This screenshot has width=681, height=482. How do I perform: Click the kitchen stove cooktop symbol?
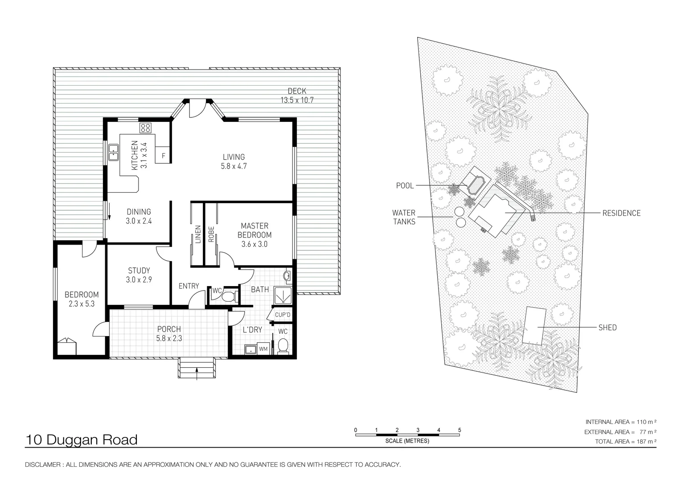[x=145, y=128]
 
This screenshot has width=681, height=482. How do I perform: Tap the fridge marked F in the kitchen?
[x=163, y=155]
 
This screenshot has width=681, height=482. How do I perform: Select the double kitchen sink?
[x=114, y=153]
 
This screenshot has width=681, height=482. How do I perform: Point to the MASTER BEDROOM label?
[x=254, y=230]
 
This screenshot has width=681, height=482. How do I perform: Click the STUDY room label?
[x=139, y=270]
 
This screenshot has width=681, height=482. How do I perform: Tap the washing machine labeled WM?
[x=263, y=349]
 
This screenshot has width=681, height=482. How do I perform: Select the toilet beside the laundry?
[x=283, y=346]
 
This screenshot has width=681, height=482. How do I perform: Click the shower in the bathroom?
[x=283, y=295]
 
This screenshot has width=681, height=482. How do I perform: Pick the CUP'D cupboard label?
[x=283, y=315]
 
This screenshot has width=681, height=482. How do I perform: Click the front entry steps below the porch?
[x=197, y=368]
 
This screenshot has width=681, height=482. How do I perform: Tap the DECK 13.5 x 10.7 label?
[x=297, y=96]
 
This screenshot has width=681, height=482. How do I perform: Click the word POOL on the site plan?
[x=405, y=185]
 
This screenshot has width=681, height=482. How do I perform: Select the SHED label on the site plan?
[x=607, y=328]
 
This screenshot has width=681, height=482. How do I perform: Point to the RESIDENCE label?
[x=621, y=213]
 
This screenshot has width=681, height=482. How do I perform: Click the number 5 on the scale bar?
[x=459, y=430]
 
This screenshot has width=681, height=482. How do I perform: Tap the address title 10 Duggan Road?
[x=82, y=440]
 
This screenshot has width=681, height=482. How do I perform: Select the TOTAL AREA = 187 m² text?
[x=625, y=441]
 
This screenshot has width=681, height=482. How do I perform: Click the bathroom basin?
[x=287, y=276]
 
